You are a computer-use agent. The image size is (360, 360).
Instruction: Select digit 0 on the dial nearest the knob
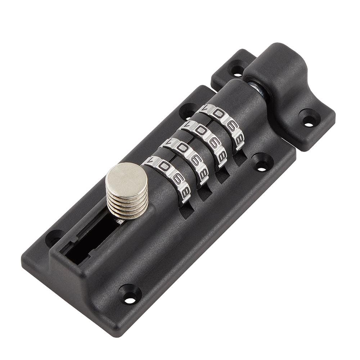click(x=164, y=167)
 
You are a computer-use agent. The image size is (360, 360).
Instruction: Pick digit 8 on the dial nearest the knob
click(x=185, y=193)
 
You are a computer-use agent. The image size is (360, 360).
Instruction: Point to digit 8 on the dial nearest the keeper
click(x=239, y=138)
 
